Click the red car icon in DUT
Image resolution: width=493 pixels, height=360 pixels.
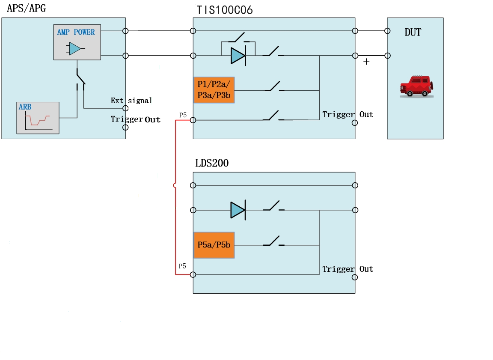pos(415,86)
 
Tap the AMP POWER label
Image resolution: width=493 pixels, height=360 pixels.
pos(76,32)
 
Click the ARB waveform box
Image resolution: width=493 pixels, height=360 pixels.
pos(38,118)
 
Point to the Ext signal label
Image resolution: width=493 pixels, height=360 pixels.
pos(131,101)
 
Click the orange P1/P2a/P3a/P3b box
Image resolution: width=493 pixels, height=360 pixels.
pos(214,90)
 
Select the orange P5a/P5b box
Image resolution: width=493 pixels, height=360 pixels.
pos(214,245)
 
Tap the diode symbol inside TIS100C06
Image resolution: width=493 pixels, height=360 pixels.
pos(238,56)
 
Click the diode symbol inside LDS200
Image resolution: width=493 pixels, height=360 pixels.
pos(238,210)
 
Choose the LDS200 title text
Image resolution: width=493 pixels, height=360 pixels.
pos(211,163)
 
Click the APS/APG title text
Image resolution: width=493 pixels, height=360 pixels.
pos(26,9)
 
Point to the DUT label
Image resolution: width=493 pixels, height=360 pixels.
pos(413,33)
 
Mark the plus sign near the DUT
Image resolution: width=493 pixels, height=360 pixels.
pos(366,62)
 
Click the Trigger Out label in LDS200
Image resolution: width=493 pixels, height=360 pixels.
pos(347,269)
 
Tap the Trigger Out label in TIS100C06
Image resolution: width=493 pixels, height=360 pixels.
pos(347,114)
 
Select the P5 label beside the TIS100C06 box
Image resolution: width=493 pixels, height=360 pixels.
pos(183,115)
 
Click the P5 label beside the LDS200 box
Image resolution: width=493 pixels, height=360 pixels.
pos(182,266)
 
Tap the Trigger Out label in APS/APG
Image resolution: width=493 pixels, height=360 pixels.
pos(135,119)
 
